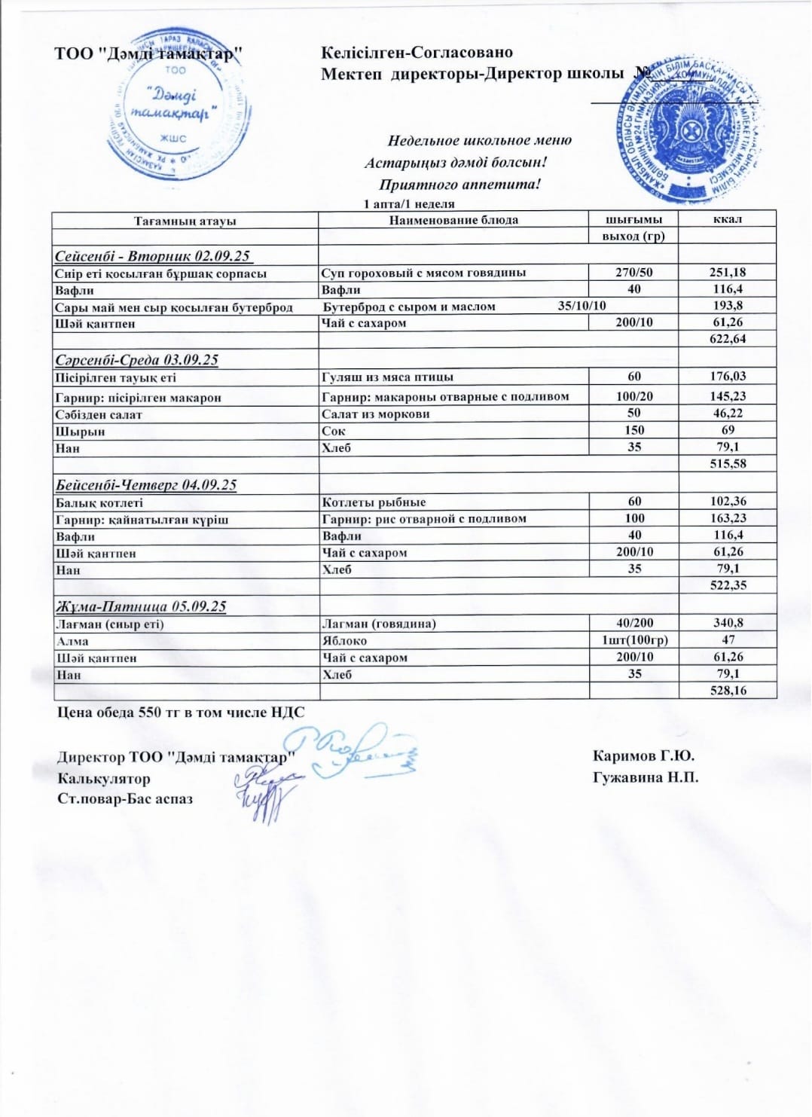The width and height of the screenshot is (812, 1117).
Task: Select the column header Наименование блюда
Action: coord(453,220)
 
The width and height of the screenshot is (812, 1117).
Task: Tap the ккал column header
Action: coord(727,219)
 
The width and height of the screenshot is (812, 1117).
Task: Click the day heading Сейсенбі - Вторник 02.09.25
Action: coord(152,256)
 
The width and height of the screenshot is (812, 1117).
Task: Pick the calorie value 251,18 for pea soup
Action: coord(728,273)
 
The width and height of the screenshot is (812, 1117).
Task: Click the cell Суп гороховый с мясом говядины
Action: coord(423,273)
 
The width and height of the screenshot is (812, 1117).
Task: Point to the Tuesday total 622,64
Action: coord(728,339)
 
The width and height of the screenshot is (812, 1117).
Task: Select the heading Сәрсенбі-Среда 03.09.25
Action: coord(137,359)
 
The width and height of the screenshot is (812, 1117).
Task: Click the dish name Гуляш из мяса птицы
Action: coord(387,377)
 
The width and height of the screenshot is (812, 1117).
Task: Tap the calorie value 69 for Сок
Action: coord(728,430)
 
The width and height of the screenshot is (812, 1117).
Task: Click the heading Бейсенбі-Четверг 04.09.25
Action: coord(146,484)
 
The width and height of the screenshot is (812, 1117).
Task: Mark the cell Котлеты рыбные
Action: coord(374,502)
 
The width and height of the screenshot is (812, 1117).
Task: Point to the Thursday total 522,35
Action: coord(728,585)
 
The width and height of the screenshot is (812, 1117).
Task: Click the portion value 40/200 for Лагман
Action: coord(634,623)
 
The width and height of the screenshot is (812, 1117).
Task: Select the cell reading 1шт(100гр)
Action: coord(634,640)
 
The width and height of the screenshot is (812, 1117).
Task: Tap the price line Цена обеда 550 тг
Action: coord(181,712)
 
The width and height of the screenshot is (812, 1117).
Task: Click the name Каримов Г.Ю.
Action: coord(643,755)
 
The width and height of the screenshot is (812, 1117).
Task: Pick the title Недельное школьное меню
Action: coord(479,140)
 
